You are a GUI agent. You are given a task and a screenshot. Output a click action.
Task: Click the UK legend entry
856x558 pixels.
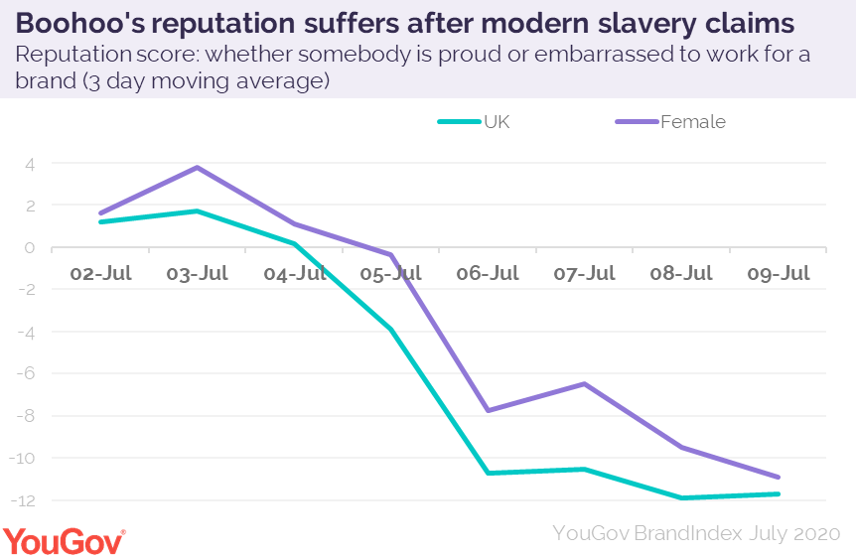click(476, 122)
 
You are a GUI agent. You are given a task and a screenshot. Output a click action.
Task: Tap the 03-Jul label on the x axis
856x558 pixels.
click(198, 274)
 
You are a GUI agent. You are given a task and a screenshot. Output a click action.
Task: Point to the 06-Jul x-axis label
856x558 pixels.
click(489, 274)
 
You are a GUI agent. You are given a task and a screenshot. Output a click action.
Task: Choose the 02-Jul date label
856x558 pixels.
click(100, 274)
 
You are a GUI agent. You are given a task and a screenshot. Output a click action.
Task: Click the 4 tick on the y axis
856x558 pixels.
click(30, 164)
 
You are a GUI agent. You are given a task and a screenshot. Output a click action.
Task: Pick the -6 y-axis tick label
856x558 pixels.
click(27, 373)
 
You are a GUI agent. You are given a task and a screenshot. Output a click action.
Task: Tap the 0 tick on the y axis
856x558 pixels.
click(30, 248)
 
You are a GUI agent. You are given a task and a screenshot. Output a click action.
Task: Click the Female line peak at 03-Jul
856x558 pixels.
click(198, 167)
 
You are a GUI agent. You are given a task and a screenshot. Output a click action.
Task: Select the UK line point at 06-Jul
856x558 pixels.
click(489, 473)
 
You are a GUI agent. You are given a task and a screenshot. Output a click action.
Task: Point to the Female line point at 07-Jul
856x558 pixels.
click(585, 383)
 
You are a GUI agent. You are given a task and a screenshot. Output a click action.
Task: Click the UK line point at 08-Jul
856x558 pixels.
click(682, 497)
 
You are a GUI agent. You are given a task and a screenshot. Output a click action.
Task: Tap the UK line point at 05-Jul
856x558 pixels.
click(391, 330)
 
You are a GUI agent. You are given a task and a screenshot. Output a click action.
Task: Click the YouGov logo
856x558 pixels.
click(65, 541)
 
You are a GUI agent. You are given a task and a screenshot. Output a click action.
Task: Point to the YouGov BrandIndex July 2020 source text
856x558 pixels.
click(696, 533)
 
